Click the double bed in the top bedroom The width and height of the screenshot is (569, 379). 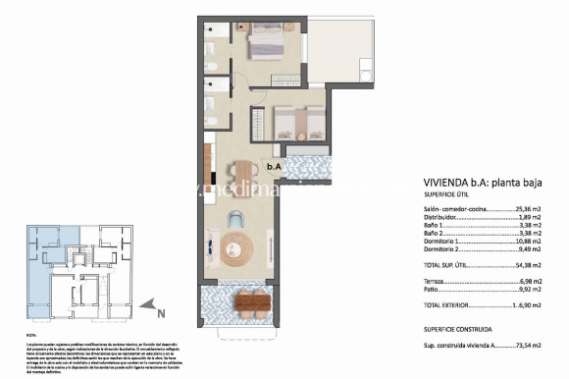pos(266,43)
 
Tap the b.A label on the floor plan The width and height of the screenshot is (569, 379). pos(275,167)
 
